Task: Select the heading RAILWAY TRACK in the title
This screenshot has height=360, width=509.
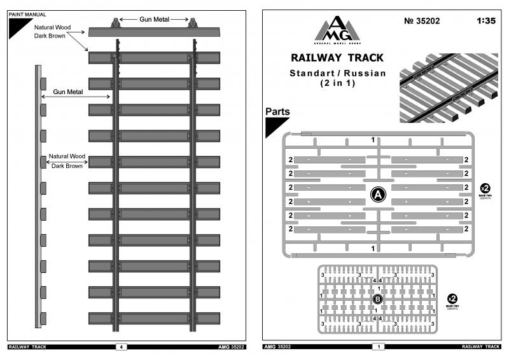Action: [337, 59]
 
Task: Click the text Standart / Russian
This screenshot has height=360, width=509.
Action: [337, 73]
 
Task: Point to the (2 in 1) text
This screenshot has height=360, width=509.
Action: [337, 83]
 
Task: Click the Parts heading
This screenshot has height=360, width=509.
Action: [277, 111]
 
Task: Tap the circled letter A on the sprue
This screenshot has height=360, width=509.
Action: [377, 195]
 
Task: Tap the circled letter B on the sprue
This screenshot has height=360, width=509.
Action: [377, 298]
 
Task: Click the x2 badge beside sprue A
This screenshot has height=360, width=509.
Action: [485, 188]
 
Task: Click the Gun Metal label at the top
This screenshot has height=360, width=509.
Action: [155, 20]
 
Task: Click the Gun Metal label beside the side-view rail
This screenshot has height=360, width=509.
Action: [69, 93]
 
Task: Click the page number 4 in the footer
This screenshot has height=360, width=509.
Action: [121, 347]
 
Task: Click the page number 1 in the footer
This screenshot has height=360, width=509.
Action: [380, 347]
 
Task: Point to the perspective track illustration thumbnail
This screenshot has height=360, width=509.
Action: [449, 87]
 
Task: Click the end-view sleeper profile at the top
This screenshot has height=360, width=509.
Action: [154, 32]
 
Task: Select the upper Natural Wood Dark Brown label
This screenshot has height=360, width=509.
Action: [52, 32]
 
